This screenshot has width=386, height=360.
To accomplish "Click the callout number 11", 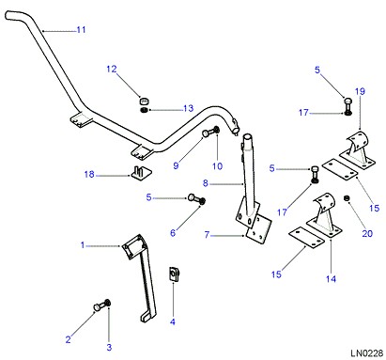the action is coord(81,30).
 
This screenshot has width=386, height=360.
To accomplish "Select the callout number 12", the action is coord(112,69).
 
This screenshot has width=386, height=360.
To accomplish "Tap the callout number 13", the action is coord(189,108).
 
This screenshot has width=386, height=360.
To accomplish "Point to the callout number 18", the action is coord(89,174).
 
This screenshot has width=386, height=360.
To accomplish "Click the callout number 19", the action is coord(360,91).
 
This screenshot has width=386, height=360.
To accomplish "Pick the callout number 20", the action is coord(367,233).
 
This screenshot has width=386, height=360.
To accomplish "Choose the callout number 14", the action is coord(331,279).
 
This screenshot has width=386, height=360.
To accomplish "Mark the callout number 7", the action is coord(207,235).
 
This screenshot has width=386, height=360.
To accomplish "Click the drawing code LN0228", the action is coord(366,353).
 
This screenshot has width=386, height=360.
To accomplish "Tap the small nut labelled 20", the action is coord(347,198).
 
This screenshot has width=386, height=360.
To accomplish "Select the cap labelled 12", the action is coord(144,102).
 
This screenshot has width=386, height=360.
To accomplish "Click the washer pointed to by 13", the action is coord(144,110).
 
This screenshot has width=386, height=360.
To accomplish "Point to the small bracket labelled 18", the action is coord(141,173).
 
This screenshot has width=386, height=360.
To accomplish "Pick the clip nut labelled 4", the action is coord(174,274).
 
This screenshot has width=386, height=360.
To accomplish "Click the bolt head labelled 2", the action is coord(97,307).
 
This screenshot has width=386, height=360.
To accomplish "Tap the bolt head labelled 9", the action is coord(206,133).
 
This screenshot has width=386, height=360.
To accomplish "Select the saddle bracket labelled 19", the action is coord(358,150).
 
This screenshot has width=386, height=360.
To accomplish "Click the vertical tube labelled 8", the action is coord(249,176).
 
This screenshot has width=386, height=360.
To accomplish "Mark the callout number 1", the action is coord(83,244).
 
